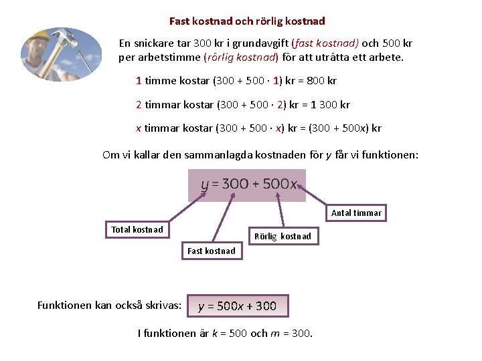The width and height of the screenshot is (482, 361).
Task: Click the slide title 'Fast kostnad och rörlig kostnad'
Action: coord(247,21)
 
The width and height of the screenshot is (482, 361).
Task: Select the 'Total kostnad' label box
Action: coord(137,229)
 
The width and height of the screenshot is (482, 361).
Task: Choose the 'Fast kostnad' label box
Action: coord(212,251)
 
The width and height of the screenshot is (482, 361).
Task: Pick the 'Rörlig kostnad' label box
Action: coord(283,236)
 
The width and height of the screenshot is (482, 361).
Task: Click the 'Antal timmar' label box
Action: coord(356,213)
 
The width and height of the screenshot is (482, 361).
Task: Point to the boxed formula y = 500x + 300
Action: coord(238,306)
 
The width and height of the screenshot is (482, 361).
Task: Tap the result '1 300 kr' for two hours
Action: coord(330,105)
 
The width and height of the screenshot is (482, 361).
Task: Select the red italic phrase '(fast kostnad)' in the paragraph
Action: coord(325,43)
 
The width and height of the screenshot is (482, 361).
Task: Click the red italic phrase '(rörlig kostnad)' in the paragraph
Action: coord(241,57)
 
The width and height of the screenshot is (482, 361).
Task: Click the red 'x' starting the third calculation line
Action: coord(139,128)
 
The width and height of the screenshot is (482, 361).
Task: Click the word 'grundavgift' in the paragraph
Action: coord(260,43)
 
